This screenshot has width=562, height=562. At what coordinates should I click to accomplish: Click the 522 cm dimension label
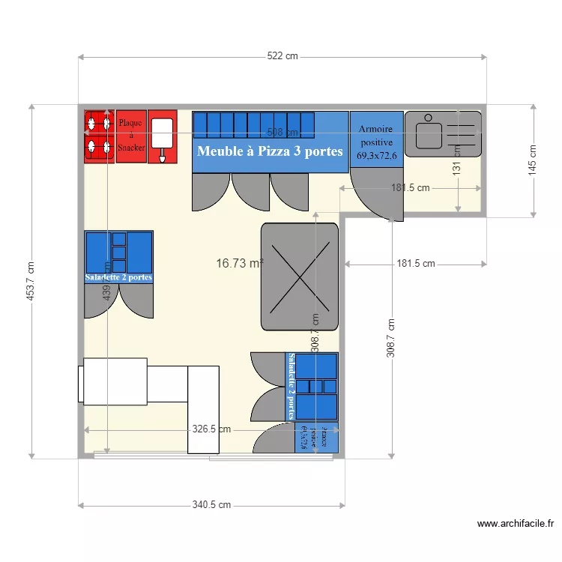(x=282, y=56)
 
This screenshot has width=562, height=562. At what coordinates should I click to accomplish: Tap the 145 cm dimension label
(x=533, y=160)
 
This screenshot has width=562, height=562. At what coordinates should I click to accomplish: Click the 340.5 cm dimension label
(x=211, y=505)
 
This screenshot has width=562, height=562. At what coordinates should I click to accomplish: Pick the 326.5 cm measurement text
(x=211, y=429)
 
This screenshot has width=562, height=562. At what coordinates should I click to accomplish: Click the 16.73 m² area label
(x=239, y=263)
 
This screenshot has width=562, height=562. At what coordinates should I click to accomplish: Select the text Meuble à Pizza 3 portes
(x=270, y=151)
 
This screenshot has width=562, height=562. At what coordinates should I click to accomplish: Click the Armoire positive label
(x=376, y=142)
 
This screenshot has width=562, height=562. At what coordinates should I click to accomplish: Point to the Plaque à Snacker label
(x=131, y=136)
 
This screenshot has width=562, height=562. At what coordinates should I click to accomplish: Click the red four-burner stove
(x=98, y=136)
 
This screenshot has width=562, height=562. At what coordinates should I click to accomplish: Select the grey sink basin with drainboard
(x=442, y=133)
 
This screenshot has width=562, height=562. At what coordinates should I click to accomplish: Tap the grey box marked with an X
(x=300, y=277)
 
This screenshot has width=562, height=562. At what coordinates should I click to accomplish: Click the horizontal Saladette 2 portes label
(x=118, y=277)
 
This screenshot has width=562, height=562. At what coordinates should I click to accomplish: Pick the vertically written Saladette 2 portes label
(x=291, y=386)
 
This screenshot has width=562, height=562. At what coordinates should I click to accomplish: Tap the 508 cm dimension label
(x=282, y=133)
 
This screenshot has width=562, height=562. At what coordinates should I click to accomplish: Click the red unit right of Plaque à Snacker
(x=162, y=136)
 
